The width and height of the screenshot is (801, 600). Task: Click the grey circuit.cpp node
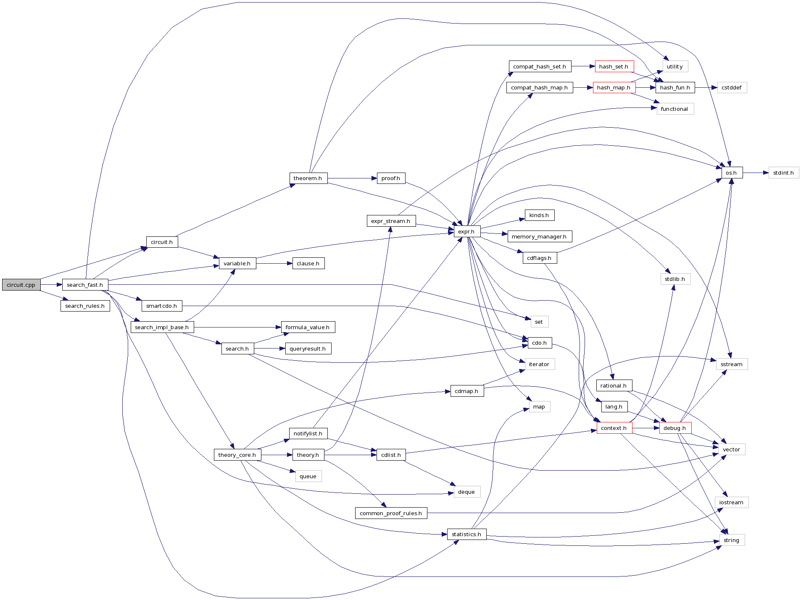tap(21, 285)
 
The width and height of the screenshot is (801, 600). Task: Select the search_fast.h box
tap(85, 285)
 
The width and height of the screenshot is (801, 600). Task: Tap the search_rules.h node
tap(85, 306)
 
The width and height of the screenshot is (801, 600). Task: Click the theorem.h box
tap(308, 178)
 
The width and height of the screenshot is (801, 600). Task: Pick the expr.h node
tap(466, 231)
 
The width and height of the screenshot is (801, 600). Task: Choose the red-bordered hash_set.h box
tap(614, 66)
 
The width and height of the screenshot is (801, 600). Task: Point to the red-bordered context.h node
tap(614, 428)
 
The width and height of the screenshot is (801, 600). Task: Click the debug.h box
tap(675, 428)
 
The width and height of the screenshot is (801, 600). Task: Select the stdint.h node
tap(783, 173)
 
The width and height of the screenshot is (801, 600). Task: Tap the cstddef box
tap(732, 87)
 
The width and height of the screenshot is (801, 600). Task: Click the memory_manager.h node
tap(539, 236)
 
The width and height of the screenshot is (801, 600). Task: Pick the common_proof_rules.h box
tap(391, 513)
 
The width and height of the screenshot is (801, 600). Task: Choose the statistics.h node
tap(466, 534)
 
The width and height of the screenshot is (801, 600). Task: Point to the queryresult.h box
tap(308, 348)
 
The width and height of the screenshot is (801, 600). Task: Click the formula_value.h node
tap(308, 327)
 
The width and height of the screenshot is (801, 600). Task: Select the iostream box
tap(731, 502)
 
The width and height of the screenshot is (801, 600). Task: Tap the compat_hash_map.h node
tap(540, 87)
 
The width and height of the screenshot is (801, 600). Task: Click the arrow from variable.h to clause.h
tap(274, 263)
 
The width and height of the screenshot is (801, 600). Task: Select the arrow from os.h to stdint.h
tap(756, 173)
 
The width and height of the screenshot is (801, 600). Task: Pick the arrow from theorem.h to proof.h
tap(352, 178)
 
